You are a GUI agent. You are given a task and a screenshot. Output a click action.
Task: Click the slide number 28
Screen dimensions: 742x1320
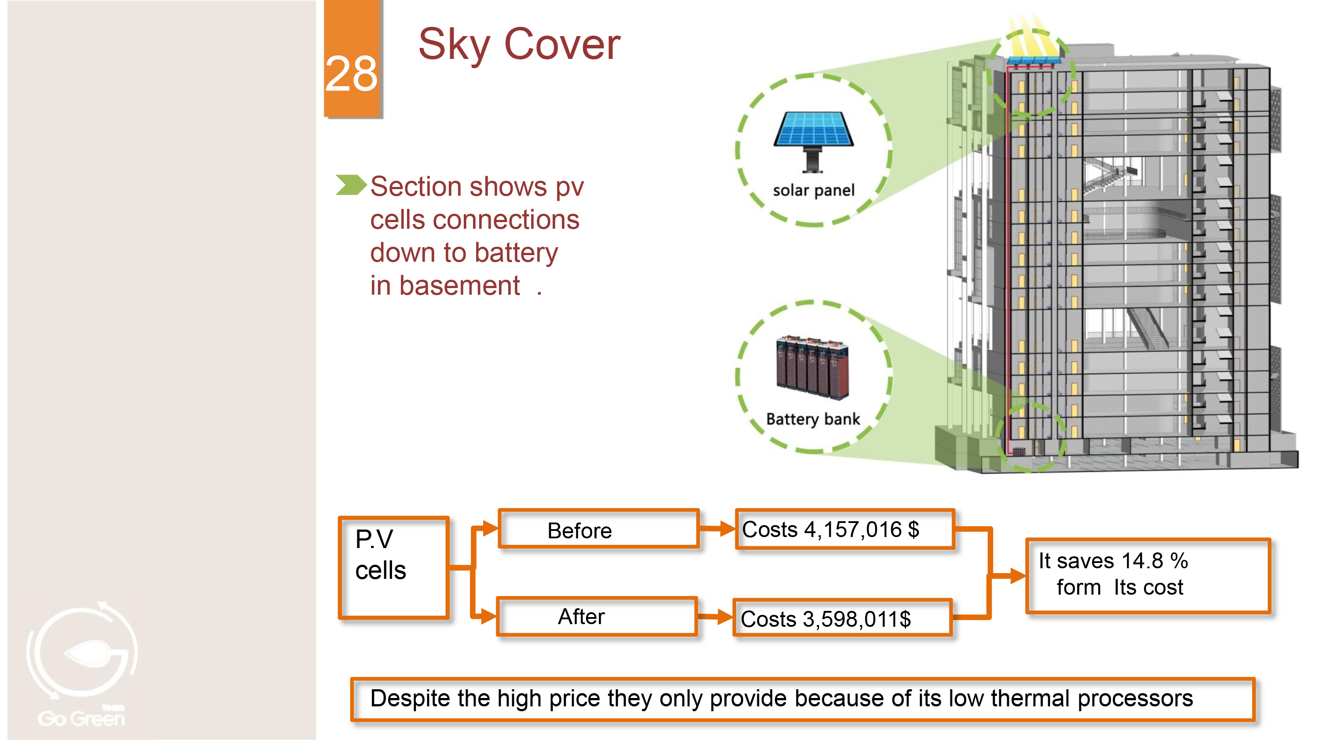(352, 74)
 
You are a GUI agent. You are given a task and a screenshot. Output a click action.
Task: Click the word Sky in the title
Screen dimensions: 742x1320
(455, 45)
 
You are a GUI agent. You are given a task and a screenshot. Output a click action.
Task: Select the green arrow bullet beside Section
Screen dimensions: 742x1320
(351, 185)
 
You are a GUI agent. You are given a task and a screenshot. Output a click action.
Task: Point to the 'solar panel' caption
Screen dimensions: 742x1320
(813, 190)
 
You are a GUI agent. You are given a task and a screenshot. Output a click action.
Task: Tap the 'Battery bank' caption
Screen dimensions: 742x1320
(813, 419)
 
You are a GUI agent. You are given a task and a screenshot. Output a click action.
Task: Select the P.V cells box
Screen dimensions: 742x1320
(393, 567)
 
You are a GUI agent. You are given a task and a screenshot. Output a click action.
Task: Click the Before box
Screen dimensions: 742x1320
(598, 530)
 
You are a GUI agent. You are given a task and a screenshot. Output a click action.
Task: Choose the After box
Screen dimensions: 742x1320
(597, 617)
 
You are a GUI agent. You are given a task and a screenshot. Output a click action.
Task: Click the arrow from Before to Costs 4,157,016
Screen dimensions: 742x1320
(717, 529)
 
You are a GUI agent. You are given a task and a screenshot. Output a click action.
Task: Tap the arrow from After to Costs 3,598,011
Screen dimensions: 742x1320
(715, 617)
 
